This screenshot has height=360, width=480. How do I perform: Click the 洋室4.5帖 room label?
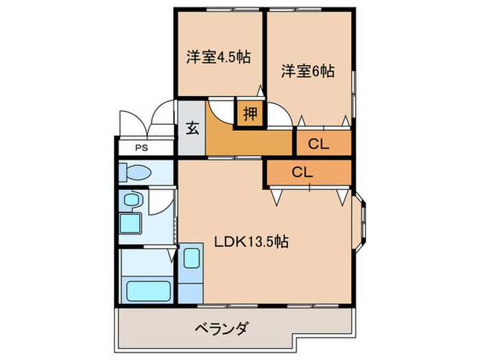(x=217, y=58)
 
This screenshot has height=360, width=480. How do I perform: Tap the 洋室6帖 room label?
(x=307, y=70)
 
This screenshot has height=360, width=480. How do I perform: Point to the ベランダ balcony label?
(x=213, y=328)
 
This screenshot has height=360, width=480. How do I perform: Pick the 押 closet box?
(x=251, y=114)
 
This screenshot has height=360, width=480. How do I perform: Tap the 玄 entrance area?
(x=192, y=129)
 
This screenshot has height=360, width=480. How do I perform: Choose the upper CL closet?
(x=317, y=143)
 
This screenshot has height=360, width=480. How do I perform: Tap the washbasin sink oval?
(x=131, y=200)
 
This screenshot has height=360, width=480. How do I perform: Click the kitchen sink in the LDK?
(x=191, y=260)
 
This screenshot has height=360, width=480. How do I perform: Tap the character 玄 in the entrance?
(x=192, y=129)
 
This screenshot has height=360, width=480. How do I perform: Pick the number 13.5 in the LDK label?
(x=263, y=242)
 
